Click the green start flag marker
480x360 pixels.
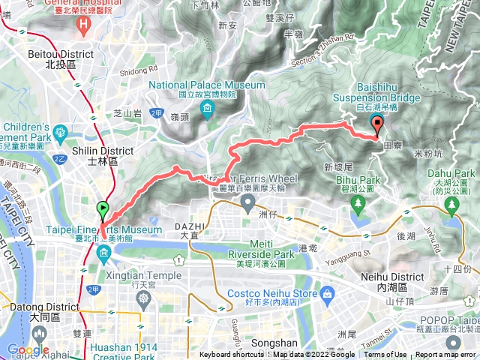click(x=102, y=209)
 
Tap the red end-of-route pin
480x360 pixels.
click(x=377, y=126)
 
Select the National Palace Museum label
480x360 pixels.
click(x=192, y=85)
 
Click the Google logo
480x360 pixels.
click(x=28, y=349)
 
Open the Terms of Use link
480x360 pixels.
click(x=385, y=355)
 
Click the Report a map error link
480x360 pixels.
click(x=445, y=355)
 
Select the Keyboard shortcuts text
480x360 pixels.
click(x=231, y=355)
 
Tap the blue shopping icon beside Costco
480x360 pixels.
click(x=326, y=292)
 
